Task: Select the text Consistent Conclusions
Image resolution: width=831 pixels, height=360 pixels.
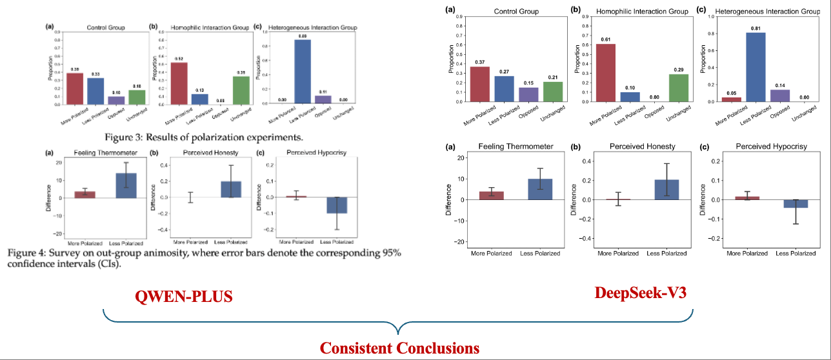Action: coord(399,348)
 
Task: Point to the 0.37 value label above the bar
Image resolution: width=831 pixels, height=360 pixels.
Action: coord(480,62)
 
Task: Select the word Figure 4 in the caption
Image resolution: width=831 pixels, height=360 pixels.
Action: coord(29,253)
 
